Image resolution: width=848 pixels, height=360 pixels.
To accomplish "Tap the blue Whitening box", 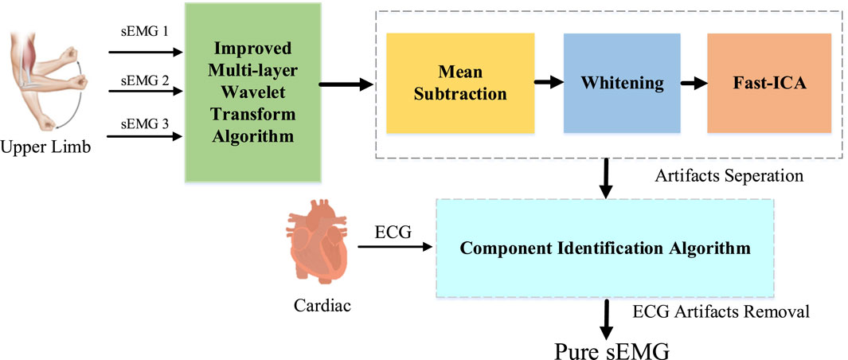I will tap(621, 83).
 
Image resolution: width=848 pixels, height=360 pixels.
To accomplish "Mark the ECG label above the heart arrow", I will tap(392, 233).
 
